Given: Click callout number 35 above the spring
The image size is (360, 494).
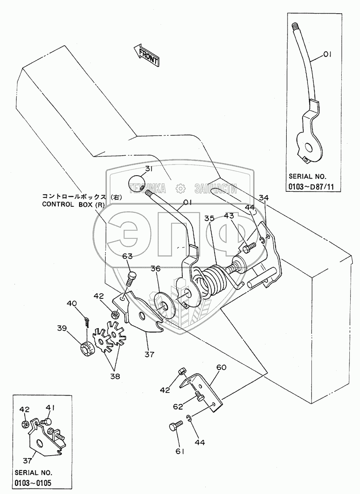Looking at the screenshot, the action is pyautogui.click(x=210, y=218).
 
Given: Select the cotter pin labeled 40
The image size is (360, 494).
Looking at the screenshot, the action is pyautogui.click(x=87, y=322).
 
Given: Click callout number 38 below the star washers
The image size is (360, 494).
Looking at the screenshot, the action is pyautogui.click(x=115, y=376).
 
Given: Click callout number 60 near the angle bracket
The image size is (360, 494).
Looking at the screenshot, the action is pyautogui.click(x=221, y=367).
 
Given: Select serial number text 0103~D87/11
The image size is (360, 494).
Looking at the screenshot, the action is pyautogui.click(x=311, y=187).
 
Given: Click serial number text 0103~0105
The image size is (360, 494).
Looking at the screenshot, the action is pyautogui.click(x=33, y=483).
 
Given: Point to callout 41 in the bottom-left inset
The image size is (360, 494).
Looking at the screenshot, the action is pyautogui.click(x=50, y=408).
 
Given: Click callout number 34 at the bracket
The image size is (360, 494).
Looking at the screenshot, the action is pyautogui.click(x=264, y=197).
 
